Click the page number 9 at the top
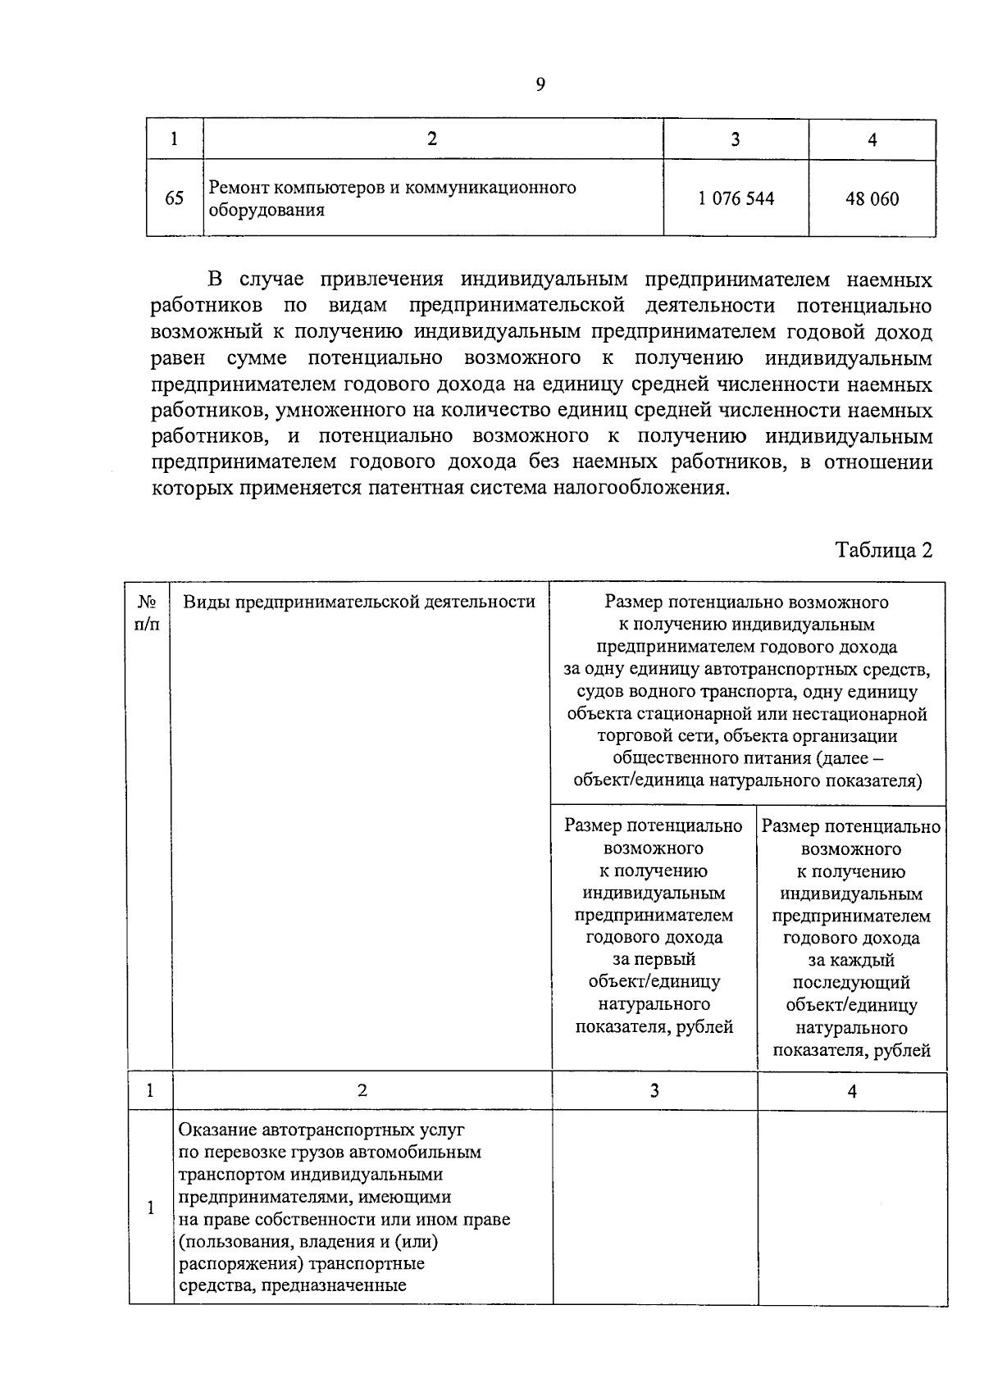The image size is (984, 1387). coord(540,84)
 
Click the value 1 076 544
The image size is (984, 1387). coord(736,198)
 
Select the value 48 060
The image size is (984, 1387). coord(872,199)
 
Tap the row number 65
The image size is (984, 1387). coord(175,198)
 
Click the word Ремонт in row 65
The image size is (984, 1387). coord(237,188)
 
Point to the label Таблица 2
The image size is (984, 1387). coord(883,549)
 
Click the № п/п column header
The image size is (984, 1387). coord(148,612)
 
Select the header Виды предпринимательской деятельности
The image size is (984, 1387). coord(358,602)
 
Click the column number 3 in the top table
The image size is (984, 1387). coord(736,139)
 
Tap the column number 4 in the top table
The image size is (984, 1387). coord(872,140)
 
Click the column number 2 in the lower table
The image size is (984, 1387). coord(362,1090)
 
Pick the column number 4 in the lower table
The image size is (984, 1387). coord(852,1091)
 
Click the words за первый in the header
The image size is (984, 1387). coord(654,959)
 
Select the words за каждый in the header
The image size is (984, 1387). coord(851,960)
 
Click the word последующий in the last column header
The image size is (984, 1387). coord(851,982)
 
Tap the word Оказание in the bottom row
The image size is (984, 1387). coord(217,1130)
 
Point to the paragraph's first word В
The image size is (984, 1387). coord(216,280)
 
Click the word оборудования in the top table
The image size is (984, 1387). coord(266,210)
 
